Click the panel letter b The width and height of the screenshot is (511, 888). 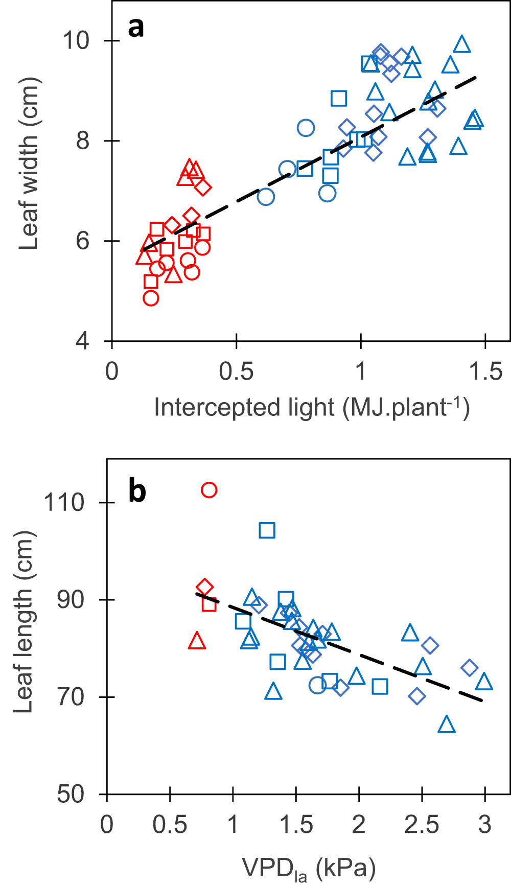tap(137, 491)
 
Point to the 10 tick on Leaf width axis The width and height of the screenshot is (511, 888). tap(76, 40)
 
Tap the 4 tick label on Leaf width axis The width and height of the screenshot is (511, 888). tap(82, 341)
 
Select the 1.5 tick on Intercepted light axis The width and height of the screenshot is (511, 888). tap(486, 371)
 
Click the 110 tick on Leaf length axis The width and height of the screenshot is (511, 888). tap(64, 503)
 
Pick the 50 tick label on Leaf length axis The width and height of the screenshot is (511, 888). tap(71, 794)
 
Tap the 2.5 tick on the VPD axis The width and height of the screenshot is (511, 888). tap(422, 825)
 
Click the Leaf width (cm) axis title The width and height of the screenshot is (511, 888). tap(29, 163)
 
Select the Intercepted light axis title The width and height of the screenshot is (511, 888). tap(312, 408)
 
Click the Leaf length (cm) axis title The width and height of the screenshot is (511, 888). tap(24, 621)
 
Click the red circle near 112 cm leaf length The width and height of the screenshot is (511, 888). tap(209, 490)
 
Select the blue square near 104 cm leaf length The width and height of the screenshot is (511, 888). tap(267, 530)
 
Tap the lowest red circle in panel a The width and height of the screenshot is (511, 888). tap(151, 298)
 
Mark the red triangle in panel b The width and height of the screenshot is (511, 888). tap(197, 641)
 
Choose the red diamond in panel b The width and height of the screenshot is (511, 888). tap(204, 588)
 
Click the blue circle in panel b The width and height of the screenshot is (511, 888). tap(317, 685)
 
